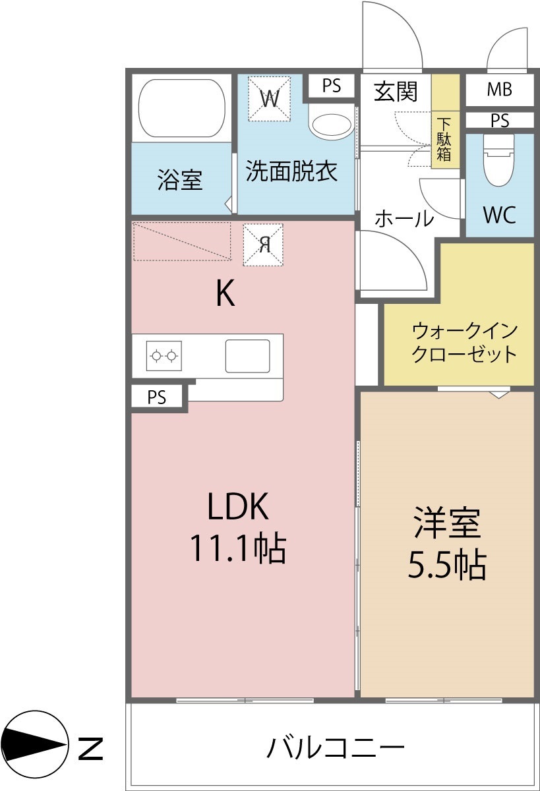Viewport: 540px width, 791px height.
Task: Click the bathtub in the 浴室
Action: coord(182,108)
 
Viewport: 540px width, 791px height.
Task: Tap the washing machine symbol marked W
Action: coord(269,98)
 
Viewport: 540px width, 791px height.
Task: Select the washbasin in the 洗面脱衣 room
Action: coord(331,125)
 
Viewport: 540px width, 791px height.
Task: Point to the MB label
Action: coord(499,90)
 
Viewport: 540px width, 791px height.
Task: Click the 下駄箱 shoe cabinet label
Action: coord(444,140)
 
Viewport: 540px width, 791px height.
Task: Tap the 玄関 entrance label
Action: coord(396,92)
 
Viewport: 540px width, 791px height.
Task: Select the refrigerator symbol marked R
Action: coord(263,245)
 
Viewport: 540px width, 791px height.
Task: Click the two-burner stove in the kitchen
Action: coord(164,355)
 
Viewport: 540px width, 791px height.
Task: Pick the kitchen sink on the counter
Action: coord(247,356)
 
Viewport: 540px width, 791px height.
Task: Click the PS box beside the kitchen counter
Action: coord(157,397)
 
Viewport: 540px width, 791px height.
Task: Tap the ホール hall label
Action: coord(404,218)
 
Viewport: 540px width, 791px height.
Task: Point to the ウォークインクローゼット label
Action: coord(464,343)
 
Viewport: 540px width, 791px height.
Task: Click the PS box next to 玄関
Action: coord(331,86)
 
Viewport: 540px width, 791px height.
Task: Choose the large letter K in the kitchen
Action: coord(225,293)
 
